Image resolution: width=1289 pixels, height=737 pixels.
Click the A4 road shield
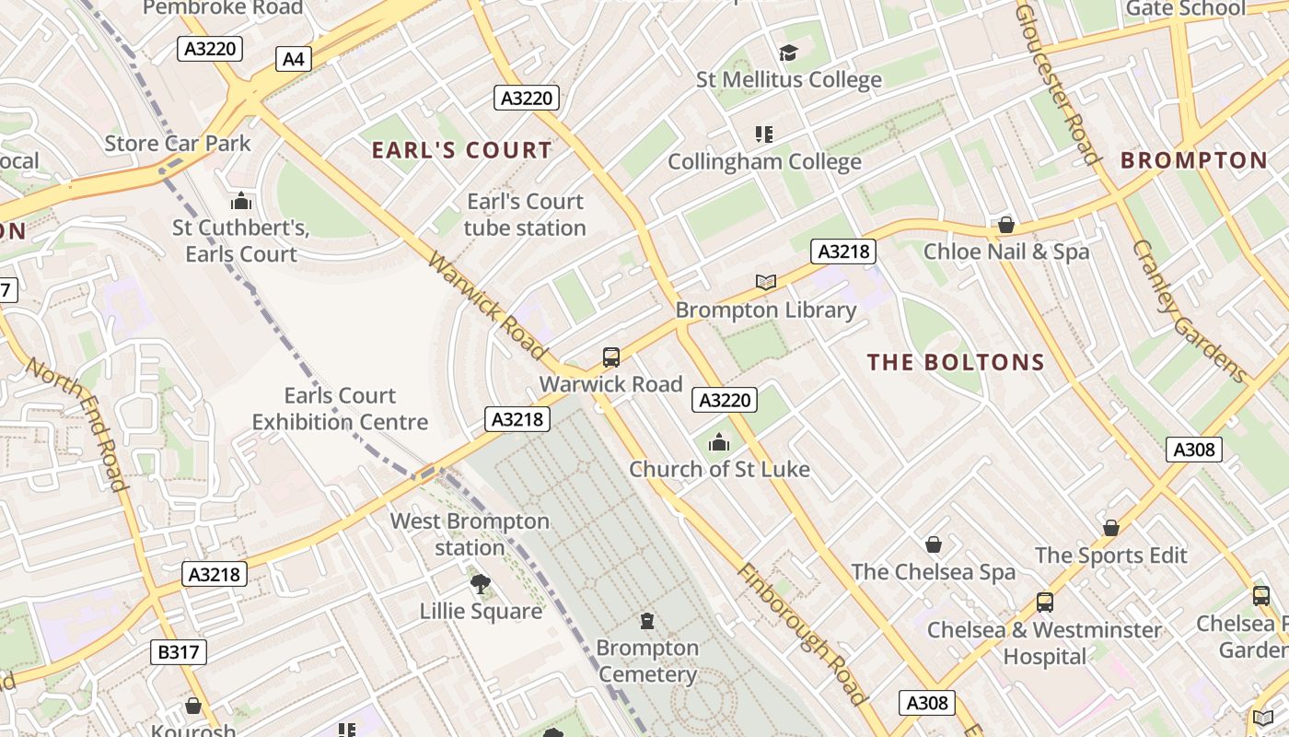click(x=293, y=59)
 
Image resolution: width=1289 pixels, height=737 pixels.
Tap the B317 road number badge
click(x=178, y=652)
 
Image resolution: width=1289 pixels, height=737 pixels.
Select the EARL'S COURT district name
click(x=461, y=150)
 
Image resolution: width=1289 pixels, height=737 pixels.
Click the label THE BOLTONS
click(x=956, y=362)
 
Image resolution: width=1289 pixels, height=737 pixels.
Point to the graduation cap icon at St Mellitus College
click(x=788, y=53)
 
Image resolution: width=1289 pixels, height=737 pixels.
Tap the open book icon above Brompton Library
click(x=765, y=282)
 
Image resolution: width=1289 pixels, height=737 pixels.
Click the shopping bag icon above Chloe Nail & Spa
click(x=1006, y=225)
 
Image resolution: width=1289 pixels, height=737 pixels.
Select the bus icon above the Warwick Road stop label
click(x=610, y=357)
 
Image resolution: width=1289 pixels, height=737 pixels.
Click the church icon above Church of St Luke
click(x=719, y=443)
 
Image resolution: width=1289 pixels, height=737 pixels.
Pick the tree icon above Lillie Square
click(x=480, y=583)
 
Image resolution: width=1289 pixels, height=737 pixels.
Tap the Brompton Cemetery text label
click(x=647, y=661)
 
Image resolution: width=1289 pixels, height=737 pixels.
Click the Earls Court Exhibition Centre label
click(x=340, y=409)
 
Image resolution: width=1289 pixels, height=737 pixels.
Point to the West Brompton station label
click(x=470, y=534)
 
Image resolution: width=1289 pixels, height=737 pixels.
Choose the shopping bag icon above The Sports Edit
click(x=1111, y=528)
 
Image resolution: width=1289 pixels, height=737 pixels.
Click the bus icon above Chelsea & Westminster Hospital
click(x=1044, y=602)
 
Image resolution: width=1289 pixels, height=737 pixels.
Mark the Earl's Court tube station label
click(x=525, y=215)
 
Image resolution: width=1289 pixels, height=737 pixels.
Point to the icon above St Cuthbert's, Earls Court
click(x=241, y=201)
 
